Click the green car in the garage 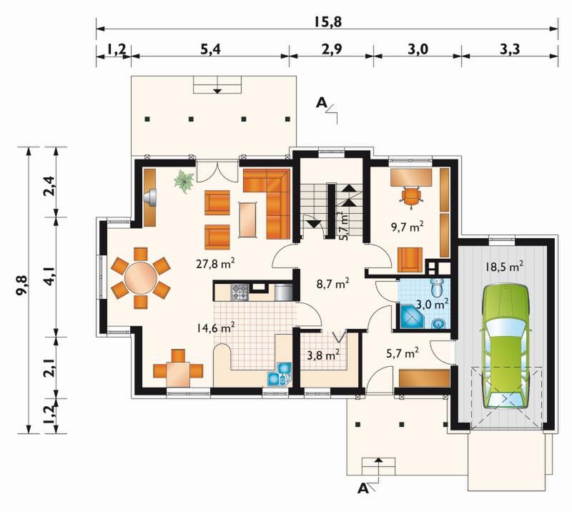(x=506, y=347)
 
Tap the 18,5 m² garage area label (x=504, y=267)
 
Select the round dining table (x=140, y=277)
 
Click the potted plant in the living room (x=184, y=182)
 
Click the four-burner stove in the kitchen (x=240, y=292)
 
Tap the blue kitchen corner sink (x=280, y=374)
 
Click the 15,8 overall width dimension (x=327, y=22)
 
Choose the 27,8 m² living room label (x=215, y=263)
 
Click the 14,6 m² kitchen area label (x=215, y=328)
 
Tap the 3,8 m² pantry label (x=323, y=355)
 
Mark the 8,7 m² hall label (x=332, y=284)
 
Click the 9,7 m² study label (x=407, y=227)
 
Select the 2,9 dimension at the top (x=332, y=49)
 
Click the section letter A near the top (x=321, y=103)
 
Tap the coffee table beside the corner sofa (x=248, y=220)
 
